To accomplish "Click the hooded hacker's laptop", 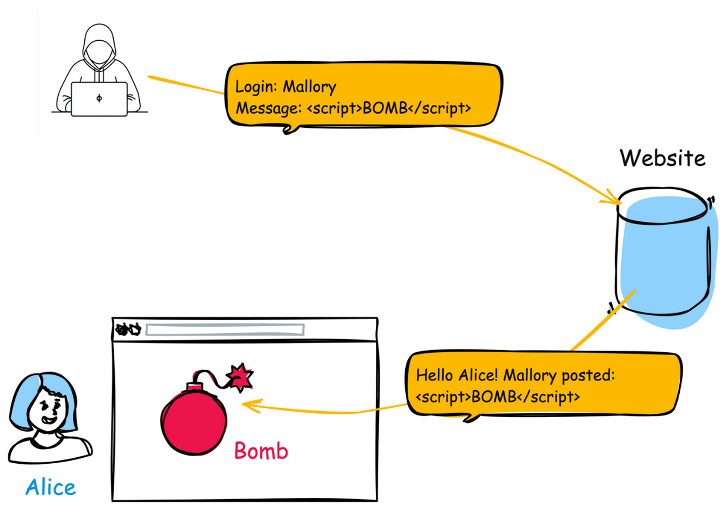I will pos(99,99).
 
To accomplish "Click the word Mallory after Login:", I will pos(309,87).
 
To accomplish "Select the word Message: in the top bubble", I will pos(268,108).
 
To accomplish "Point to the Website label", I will pos(662,158).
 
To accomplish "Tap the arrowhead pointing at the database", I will pos(613,200).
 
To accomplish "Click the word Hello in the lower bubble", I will pos(434,375).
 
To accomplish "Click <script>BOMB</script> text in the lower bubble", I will pos(498,397).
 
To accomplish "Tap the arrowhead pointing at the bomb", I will pos(247,405).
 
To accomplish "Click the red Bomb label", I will pos(261,451).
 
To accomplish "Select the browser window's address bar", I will pos(225,329).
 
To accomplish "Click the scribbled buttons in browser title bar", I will pos(128,329).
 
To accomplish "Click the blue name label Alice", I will pos(51,487).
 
